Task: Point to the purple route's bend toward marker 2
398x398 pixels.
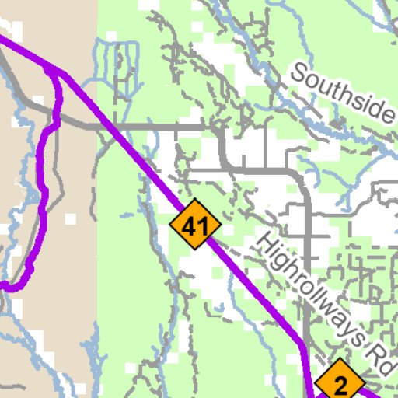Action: [302, 342]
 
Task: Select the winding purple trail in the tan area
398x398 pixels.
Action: [42, 187]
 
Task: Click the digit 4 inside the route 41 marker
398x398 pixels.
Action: [191, 227]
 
